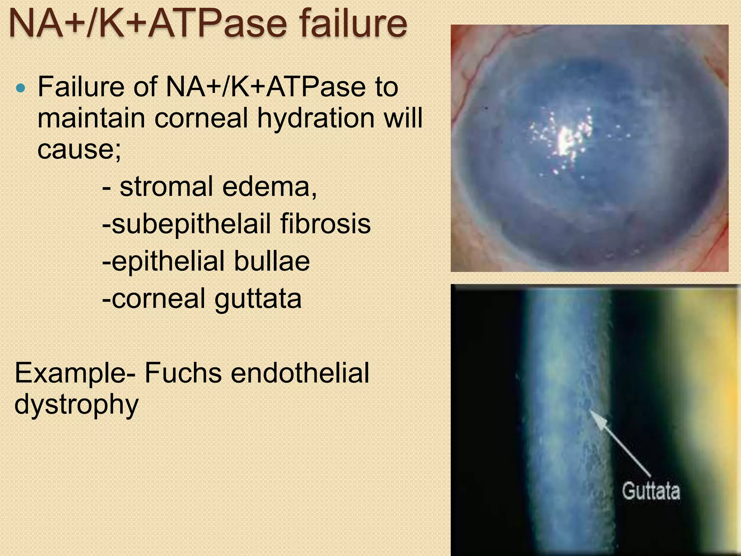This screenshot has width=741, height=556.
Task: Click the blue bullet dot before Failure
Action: pyautogui.click(x=21, y=88)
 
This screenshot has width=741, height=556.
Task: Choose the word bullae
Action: pyautogui.click(x=272, y=261)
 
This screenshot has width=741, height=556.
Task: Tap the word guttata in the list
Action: pyautogui.click(x=258, y=299)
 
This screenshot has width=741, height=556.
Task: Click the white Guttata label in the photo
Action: pyautogui.click(x=651, y=491)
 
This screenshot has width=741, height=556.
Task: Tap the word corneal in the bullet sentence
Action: pyautogui.click(x=201, y=118)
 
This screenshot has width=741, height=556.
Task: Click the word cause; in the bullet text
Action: pyautogui.click(x=79, y=149)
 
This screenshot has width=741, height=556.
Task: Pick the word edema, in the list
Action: pyautogui.click(x=270, y=187)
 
